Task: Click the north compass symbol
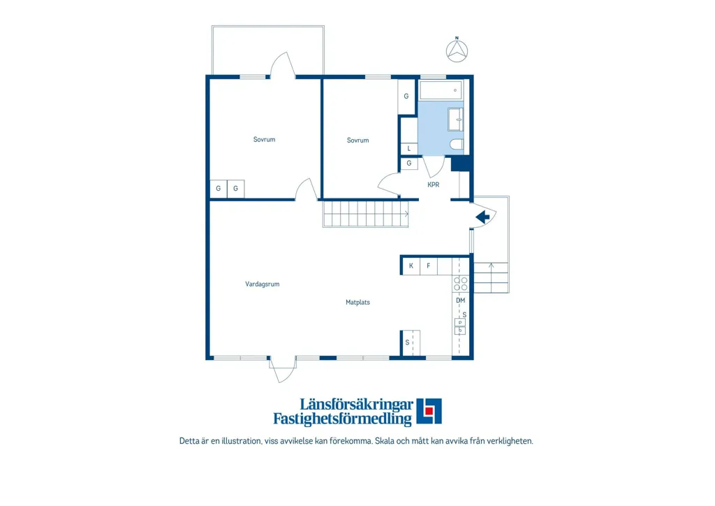coord(457,50)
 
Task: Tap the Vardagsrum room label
coord(263,284)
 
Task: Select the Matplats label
coord(357,302)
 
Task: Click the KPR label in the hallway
coord(433,185)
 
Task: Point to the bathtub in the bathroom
coord(441,90)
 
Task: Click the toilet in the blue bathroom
coord(457,145)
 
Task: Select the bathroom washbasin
coord(455,120)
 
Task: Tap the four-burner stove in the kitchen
coord(460,284)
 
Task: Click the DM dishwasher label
coord(461,301)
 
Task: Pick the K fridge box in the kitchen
coord(411,266)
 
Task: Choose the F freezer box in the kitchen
coord(428,266)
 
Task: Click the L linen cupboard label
coord(409,148)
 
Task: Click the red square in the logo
coord(429,411)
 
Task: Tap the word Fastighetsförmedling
coord(342,419)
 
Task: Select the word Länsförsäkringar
coord(356,404)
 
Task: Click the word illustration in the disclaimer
coord(242,441)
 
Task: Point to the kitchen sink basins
coord(460,326)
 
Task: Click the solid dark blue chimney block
coord(460,164)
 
